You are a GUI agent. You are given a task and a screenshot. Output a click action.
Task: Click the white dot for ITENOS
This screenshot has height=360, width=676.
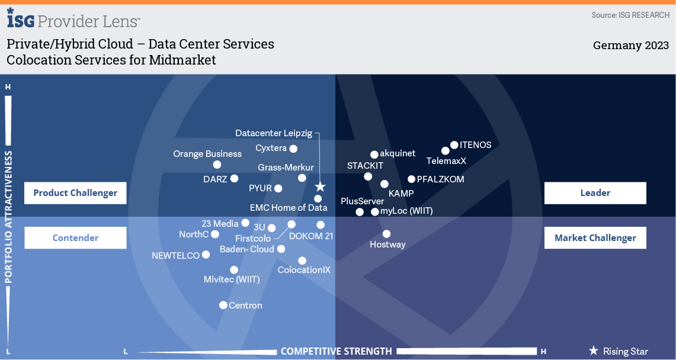pos(454,144)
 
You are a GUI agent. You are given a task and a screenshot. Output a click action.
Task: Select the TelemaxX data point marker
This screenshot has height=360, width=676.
pos(446,151)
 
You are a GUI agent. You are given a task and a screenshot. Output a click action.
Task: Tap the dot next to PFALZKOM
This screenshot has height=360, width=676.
pos(412,179)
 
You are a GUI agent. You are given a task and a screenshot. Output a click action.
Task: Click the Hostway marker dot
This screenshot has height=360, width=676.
pos(387,234)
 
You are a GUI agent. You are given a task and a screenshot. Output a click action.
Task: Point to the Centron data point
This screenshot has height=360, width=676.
pos(223,305)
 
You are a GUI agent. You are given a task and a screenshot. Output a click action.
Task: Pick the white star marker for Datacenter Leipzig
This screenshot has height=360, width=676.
pos(320,187)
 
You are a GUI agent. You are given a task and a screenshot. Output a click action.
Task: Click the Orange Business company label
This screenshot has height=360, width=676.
pos(207,154)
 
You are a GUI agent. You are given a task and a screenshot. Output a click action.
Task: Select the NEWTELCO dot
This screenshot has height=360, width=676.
pos(206,255)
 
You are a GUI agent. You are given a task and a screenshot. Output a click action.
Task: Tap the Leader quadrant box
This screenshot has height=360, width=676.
pos(595,192)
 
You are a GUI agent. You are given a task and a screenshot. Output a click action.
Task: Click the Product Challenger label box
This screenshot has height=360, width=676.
pos(75,192)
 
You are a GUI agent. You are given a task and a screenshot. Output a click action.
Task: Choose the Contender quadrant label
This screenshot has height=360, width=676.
pos(75,237)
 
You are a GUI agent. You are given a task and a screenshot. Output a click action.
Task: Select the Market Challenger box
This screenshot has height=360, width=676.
pos(595,237)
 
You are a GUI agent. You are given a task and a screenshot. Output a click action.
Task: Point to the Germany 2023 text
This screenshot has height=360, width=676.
pos(630,46)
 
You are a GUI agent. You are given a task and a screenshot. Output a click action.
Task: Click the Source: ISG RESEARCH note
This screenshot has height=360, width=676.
pos(630,15)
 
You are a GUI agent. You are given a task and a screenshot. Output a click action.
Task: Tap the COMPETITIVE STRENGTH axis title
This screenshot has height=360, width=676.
pos(336,351)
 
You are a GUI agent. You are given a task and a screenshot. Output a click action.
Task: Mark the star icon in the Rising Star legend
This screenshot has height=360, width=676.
pos(593,351)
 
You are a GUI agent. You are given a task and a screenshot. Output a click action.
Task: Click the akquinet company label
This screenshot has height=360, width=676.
pos(398,154)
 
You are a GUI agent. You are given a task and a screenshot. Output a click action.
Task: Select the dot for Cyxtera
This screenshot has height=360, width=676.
pos(293,149)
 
